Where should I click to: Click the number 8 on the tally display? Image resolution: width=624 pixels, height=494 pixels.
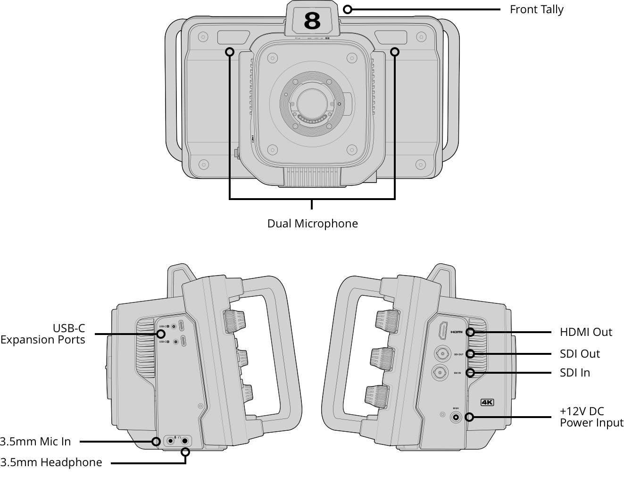click(312, 21)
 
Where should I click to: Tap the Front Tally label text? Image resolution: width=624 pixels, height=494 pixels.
click(536, 9)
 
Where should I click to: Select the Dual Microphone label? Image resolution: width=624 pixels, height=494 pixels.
click(312, 224)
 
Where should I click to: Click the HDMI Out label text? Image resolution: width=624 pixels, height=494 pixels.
click(586, 332)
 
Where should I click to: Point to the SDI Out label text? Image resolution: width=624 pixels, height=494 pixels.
click(580, 354)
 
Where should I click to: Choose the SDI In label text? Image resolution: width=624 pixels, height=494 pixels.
click(574, 373)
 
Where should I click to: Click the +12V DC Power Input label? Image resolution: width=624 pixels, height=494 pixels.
click(591, 417)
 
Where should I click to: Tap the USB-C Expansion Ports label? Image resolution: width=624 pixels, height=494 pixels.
click(43, 334)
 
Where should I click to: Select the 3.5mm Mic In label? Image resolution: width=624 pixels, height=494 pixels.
click(35, 442)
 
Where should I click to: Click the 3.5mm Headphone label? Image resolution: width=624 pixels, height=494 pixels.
click(51, 462)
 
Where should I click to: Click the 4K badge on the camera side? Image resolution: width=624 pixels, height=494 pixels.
click(487, 402)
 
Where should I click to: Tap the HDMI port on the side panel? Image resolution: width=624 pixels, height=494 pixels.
click(443, 330)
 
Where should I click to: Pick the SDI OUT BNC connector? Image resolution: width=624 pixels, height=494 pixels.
click(442, 353)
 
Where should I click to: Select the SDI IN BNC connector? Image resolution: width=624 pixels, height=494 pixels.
click(440, 372)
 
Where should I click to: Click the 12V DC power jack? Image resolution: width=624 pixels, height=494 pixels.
click(456, 418)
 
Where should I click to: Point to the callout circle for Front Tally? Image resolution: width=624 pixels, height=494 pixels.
click(348, 9)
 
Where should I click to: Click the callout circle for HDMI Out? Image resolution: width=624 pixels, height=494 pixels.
click(470, 332)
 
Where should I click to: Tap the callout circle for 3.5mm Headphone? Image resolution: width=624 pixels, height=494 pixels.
click(185, 452)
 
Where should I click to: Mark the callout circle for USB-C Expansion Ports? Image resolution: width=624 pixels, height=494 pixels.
click(161, 334)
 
